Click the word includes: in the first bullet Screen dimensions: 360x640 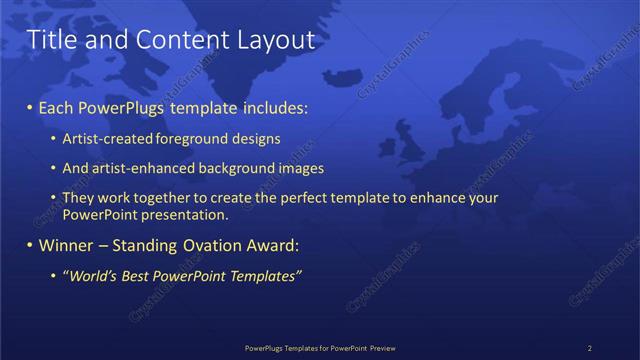(275, 107)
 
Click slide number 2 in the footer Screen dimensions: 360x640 (589, 348)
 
